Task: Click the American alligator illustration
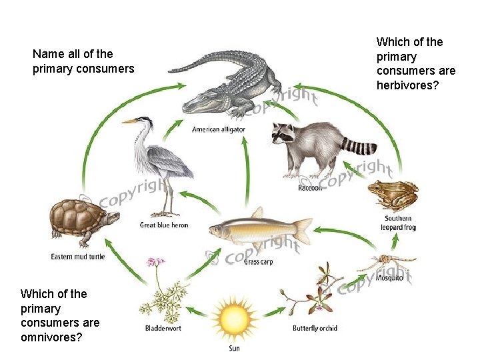coord(227,87)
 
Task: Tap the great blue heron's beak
coord(129,121)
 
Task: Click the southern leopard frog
coord(393,195)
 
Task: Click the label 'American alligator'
coord(219,129)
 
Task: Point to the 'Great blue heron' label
coord(164,225)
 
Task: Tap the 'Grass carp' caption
coord(258,261)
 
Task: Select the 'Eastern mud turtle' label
coord(78,257)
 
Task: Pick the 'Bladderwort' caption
coord(163,328)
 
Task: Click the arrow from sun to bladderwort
coord(197,310)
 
